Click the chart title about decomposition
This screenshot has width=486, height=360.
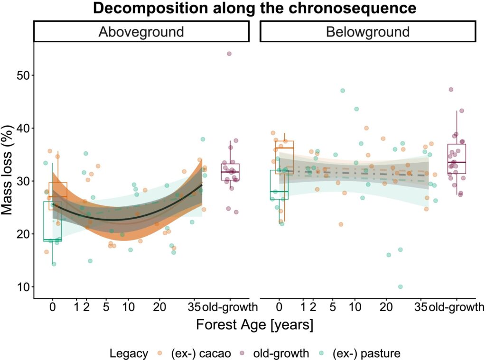coord(254,8)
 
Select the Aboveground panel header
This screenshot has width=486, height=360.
coord(141,32)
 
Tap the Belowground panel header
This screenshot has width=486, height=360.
coord(367,32)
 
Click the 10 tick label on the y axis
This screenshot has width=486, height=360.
coord(21,287)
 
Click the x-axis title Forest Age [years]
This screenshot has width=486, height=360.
coord(254,326)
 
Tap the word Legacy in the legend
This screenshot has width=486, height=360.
coord(129,353)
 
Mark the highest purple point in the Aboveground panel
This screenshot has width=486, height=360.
coord(229,54)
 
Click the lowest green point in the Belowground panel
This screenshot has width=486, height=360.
coord(400,287)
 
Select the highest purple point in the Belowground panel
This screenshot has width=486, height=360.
coord(451,89)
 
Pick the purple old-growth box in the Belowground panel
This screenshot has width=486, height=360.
coord(457,159)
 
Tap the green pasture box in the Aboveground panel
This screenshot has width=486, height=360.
coord(52,221)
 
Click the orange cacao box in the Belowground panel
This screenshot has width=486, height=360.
coord(284,157)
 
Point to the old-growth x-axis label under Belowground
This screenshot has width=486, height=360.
coord(457,307)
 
